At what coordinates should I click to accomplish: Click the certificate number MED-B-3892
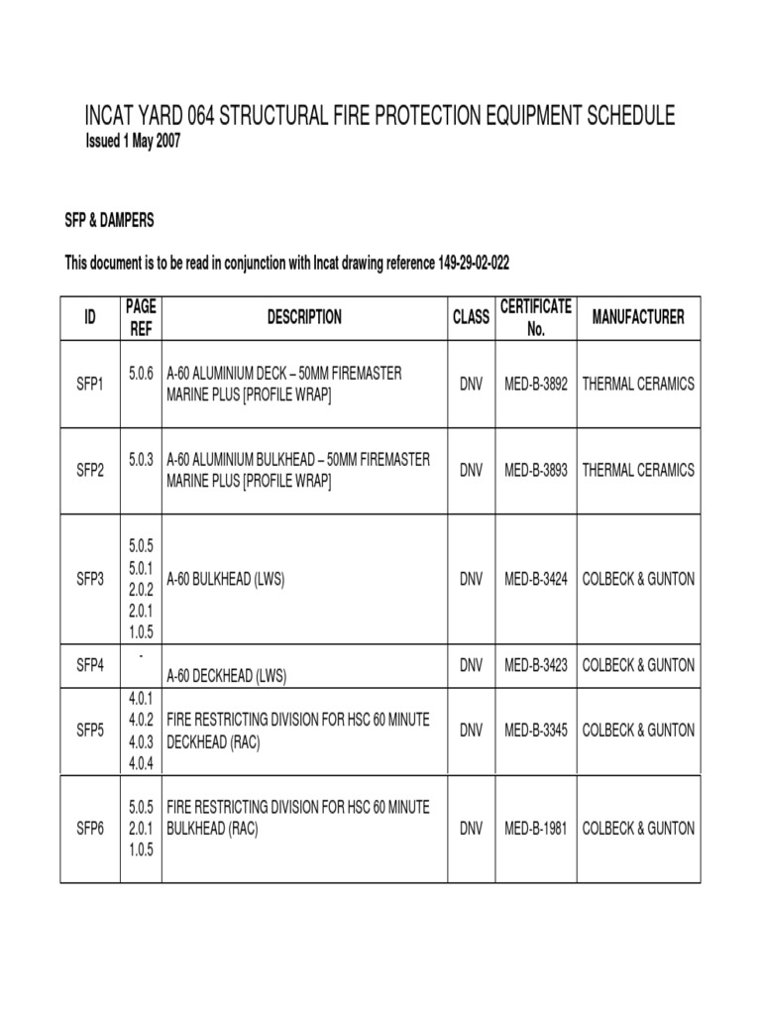click(536, 384)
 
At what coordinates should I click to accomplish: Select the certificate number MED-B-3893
click(536, 471)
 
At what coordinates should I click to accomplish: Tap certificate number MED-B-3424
click(536, 580)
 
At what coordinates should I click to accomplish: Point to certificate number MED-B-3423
click(536, 664)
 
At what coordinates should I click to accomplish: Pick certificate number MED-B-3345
click(536, 731)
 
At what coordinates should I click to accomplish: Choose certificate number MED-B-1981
click(536, 829)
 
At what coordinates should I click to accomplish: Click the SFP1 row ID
click(90, 384)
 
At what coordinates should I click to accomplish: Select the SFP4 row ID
click(90, 664)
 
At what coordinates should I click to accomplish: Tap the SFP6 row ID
click(90, 829)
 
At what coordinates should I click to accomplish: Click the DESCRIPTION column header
click(304, 317)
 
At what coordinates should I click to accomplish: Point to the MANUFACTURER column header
click(638, 317)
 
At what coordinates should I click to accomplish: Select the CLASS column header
click(471, 317)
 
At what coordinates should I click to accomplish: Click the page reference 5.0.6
click(142, 372)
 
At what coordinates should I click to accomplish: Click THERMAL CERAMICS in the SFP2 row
click(638, 471)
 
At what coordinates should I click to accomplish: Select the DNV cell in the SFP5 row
click(471, 731)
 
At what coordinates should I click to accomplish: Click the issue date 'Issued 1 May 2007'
click(135, 142)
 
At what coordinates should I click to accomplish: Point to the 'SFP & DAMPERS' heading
click(109, 219)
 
